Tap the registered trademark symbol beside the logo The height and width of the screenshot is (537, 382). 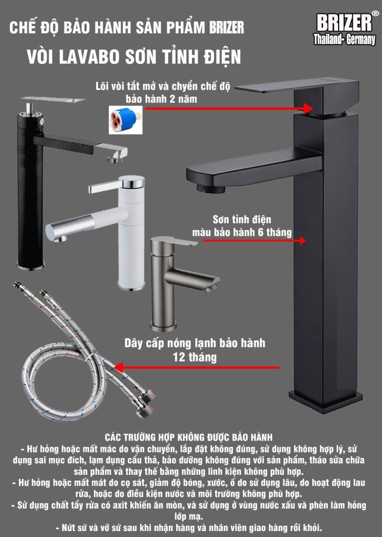click(x=375, y=14)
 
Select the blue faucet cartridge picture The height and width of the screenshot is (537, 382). click(x=125, y=119)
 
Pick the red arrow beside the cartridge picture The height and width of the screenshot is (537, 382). click(x=228, y=108)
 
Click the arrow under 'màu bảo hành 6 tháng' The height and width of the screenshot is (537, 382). click(x=254, y=241)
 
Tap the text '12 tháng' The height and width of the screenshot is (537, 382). click(x=194, y=357)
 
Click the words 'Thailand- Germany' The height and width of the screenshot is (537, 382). click(x=344, y=40)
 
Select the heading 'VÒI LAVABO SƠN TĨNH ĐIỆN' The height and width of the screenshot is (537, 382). click(x=134, y=57)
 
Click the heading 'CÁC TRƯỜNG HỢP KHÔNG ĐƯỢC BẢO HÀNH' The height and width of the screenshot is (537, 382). click(x=189, y=438)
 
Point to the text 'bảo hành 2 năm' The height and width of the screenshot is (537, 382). click(x=161, y=99)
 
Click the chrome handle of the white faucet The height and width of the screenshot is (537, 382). click(x=116, y=183)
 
